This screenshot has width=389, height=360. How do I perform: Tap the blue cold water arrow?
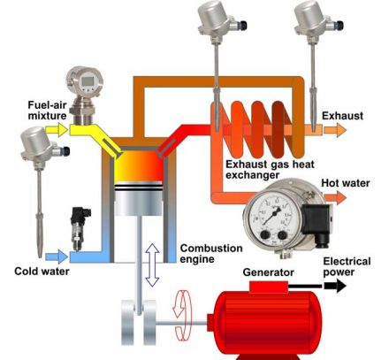[57, 257]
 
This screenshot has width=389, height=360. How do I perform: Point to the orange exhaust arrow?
[335, 130]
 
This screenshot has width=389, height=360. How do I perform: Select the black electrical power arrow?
[335, 286]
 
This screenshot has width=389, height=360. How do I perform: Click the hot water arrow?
[335, 197]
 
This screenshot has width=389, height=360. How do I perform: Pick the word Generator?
[269, 272]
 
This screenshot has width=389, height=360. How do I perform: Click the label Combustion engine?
[211, 254]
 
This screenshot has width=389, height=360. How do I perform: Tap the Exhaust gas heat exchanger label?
[270, 170]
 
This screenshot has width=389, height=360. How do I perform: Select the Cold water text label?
[42, 272]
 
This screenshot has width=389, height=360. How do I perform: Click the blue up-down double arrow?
[153, 265]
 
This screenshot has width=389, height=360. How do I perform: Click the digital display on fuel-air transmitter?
[88, 80]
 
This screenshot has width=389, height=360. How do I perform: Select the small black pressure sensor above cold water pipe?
[79, 228]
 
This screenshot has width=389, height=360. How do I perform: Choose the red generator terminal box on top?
[269, 287]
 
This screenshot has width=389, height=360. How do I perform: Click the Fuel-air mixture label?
[47, 111]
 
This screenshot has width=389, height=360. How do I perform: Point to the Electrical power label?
[347, 266]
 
